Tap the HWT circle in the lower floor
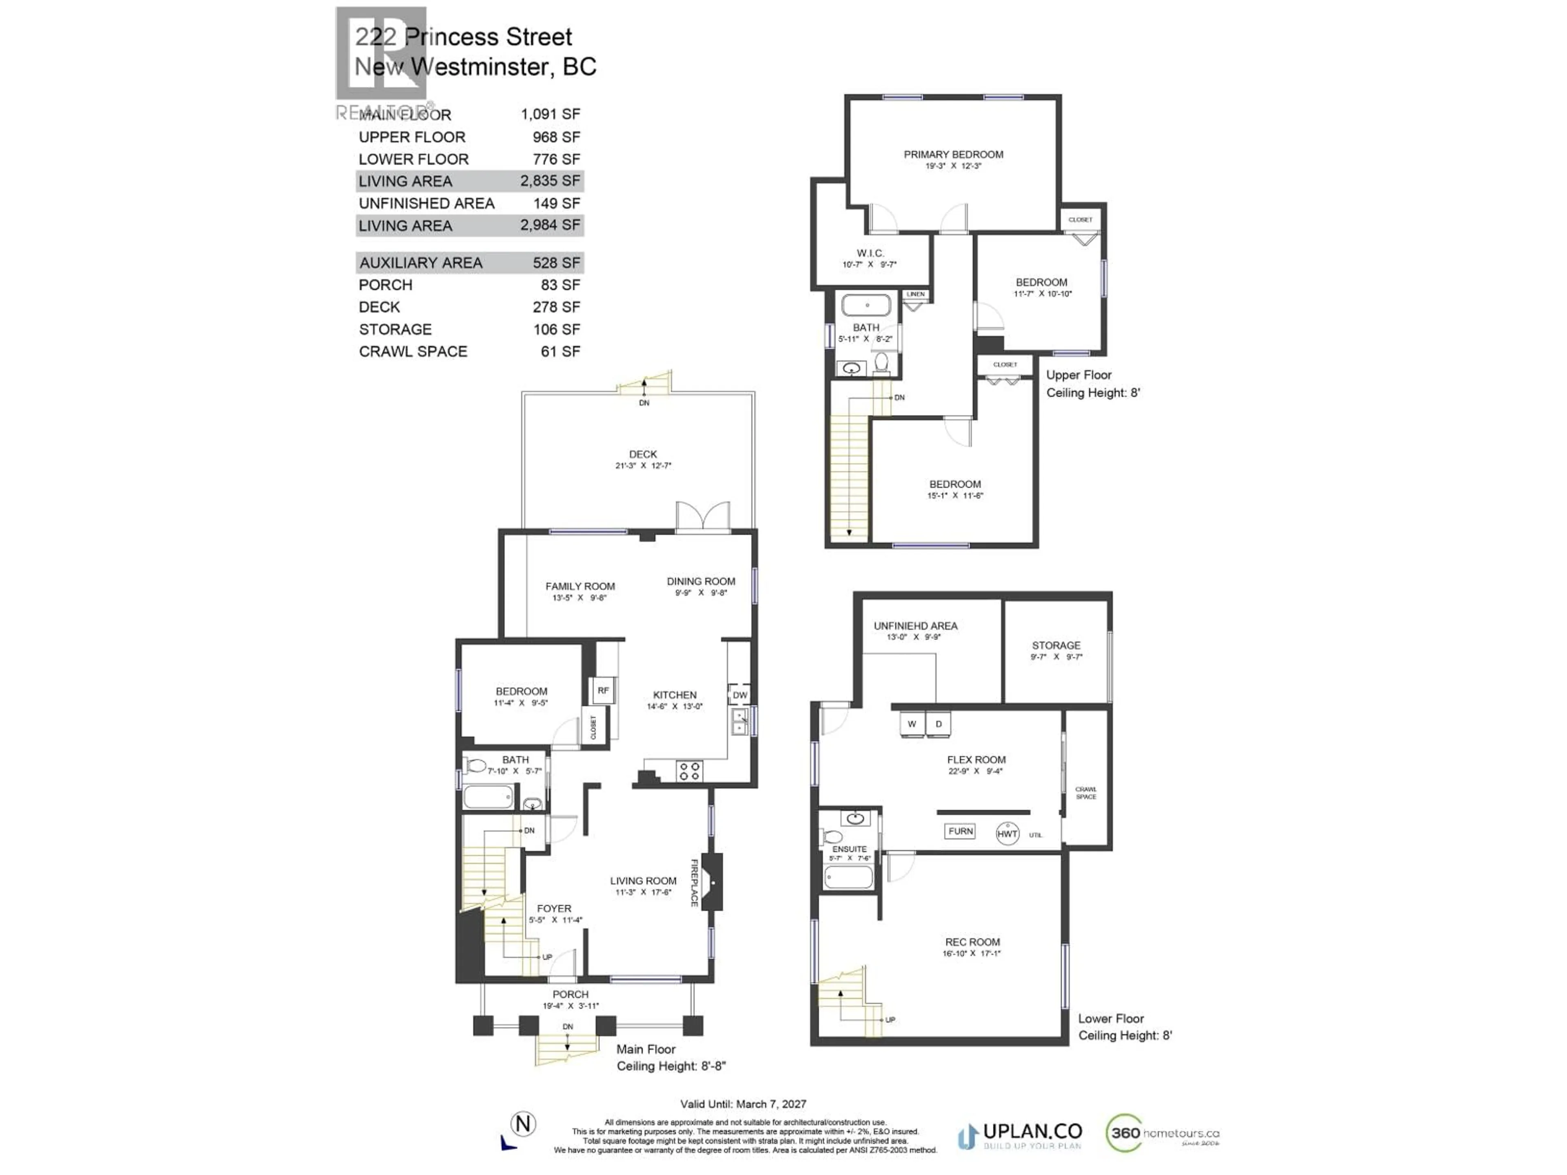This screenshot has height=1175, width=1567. tap(1007, 834)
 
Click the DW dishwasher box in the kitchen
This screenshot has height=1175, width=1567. tap(739, 695)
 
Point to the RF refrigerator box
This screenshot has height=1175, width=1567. tap(603, 691)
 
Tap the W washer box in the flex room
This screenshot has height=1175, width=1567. tap(912, 724)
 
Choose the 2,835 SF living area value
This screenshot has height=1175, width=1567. tap(550, 181)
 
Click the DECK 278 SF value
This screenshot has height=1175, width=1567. tap(556, 307)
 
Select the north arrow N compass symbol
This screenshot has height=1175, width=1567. tap(523, 1124)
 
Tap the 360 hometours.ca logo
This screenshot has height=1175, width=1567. tap(1162, 1133)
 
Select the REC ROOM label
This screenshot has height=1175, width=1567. tap(972, 942)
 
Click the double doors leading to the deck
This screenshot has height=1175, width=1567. tap(703, 517)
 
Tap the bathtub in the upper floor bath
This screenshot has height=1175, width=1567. tap(866, 305)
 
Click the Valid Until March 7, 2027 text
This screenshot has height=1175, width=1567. tap(743, 1104)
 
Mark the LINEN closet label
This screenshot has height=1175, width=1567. tap(915, 294)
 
